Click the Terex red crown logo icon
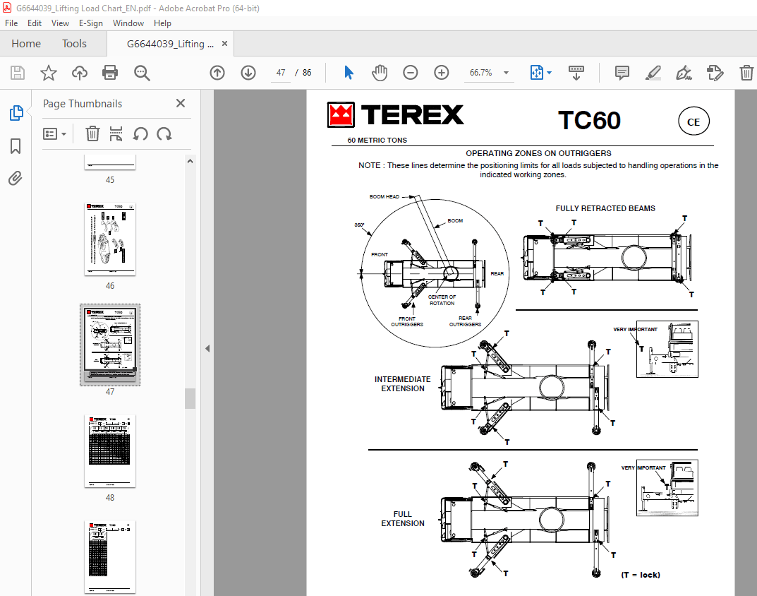[x=341, y=116]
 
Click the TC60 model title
[x=589, y=120]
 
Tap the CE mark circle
[x=694, y=122]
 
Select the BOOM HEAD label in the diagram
[x=384, y=196]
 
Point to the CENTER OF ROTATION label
[x=442, y=300]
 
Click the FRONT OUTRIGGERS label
[x=407, y=321]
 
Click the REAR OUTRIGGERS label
[x=465, y=321]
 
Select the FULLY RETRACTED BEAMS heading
[x=605, y=208]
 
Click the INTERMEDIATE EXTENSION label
[x=403, y=383]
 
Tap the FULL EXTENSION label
[x=403, y=518]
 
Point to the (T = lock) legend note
[x=641, y=575]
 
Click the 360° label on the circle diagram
[x=359, y=225]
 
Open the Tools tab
[x=74, y=44]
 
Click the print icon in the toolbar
[x=110, y=73]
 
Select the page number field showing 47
[x=281, y=73]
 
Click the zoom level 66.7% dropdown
[x=487, y=73]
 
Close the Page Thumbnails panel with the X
[x=181, y=103]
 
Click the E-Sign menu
[x=90, y=23]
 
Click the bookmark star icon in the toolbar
[x=48, y=73]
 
